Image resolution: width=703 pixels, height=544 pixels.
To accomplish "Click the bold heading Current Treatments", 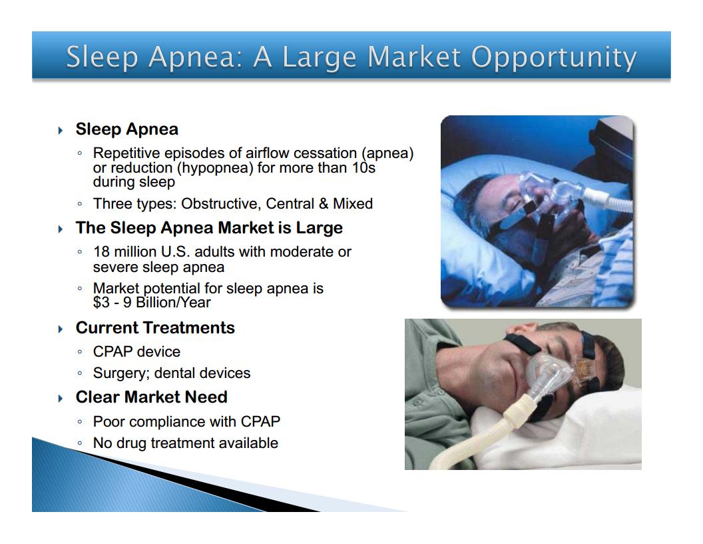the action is pyautogui.click(x=155, y=327).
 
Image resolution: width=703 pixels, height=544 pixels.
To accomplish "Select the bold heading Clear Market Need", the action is pyautogui.click(x=152, y=397).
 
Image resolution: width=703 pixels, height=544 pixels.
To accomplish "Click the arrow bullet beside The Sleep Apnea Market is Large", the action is pyautogui.click(x=61, y=229).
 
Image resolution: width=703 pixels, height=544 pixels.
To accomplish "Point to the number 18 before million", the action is pyautogui.click(x=101, y=252).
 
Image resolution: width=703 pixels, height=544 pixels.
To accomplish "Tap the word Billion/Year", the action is pyautogui.click(x=173, y=303).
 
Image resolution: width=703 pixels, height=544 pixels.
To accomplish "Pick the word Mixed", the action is pyautogui.click(x=353, y=204).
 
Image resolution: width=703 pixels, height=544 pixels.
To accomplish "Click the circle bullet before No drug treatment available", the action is pyautogui.click(x=80, y=443).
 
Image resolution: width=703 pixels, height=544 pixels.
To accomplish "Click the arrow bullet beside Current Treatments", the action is pyautogui.click(x=61, y=329).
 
